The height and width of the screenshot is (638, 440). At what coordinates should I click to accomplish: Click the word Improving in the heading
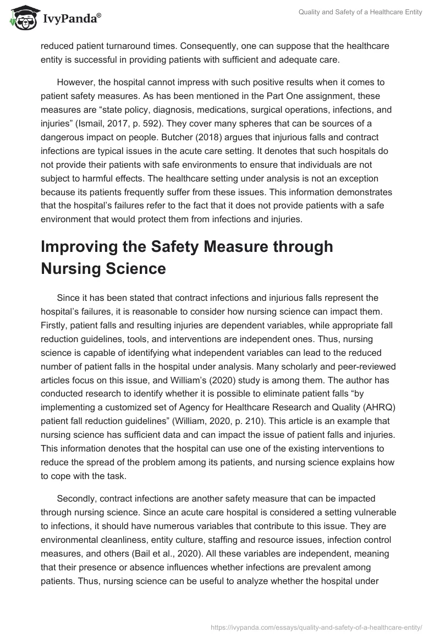point(82,247)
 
